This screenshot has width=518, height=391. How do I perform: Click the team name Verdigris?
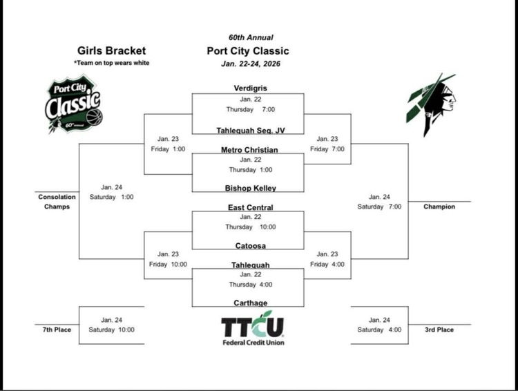pyautogui.click(x=249, y=88)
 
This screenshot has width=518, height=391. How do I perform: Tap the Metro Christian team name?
pyautogui.click(x=249, y=150)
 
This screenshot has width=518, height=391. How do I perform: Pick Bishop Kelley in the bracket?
pyautogui.click(x=249, y=187)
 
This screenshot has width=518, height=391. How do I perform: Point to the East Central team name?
pyautogui.click(x=250, y=207)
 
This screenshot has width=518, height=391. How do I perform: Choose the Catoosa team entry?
pyautogui.click(x=249, y=245)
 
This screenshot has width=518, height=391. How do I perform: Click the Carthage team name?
pyautogui.click(x=249, y=303)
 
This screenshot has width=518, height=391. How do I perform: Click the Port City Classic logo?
pyautogui.click(x=73, y=105)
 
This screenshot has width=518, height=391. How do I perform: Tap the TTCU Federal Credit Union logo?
pyautogui.click(x=253, y=328)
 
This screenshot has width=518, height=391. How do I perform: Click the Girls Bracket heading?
pyautogui.click(x=111, y=50)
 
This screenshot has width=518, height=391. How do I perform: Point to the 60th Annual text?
pyautogui.click(x=251, y=37)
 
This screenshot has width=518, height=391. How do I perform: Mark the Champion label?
pyautogui.click(x=439, y=207)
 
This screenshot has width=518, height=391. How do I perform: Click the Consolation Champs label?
pyautogui.click(x=57, y=202)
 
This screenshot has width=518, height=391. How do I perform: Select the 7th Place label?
pyautogui.click(x=57, y=330)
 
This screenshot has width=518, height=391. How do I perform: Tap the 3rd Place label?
pyautogui.click(x=439, y=330)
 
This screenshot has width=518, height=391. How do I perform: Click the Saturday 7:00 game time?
pyautogui.click(x=379, y=207)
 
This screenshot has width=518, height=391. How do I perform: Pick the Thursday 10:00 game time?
pyautogui.click(x=250, y=227)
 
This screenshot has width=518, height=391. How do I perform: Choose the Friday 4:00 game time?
pyautogui.click(x=327, y=264)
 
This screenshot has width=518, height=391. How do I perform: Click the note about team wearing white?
pyautogui.click(x=111, y=63)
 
